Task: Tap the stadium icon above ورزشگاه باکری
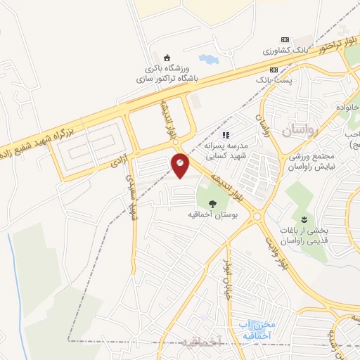[x=167, y=58]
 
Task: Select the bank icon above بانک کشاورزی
[x=284, y=40]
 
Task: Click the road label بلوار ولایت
[x=277, y=251]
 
